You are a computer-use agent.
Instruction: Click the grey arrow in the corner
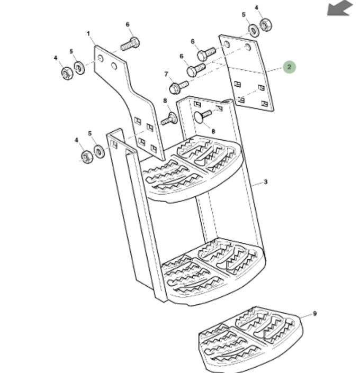pos(339,8)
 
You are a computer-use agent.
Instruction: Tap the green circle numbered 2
pos(289,67)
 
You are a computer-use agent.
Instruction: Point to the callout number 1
pos(88,34)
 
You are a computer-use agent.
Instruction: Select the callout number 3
pos(266,182)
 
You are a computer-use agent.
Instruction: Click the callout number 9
pos(314,314)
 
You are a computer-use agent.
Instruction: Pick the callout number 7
pos(166,74)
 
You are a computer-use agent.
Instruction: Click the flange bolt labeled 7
pos(178,87)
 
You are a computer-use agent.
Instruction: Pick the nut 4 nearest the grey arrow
pos(266,25)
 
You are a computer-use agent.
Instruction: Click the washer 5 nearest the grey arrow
pos(254,30)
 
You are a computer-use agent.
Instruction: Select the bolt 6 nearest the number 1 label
pos(130,44)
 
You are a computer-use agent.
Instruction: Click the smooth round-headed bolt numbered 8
pos(202,116)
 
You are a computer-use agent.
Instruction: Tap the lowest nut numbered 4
pos(87,157)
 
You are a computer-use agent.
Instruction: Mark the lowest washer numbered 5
pos(99,151)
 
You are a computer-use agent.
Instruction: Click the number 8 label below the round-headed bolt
pos(213,131)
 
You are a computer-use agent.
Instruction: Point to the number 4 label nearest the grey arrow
pos(256,8)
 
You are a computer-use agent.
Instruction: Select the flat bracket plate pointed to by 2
pos(246,72)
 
